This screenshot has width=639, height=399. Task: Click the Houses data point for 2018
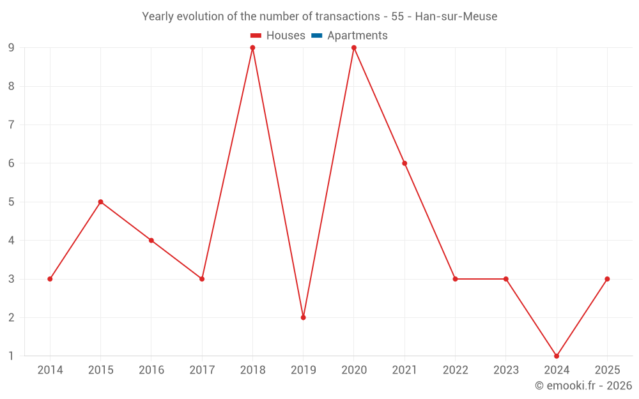[252, 48]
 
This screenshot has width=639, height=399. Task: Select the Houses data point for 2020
[354, 48]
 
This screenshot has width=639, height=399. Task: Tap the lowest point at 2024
[557, 356]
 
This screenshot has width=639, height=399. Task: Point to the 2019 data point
[303, 317]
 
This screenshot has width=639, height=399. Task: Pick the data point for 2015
[100, 202]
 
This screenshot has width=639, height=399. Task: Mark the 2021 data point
[404, 163]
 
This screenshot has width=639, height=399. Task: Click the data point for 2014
[50, 279]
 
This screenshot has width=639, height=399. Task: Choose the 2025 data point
[607, 279]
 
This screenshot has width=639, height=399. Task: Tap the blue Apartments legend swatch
[316, 36]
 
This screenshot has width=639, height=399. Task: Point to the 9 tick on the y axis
[12, 48]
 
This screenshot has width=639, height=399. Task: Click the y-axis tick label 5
[12, 202]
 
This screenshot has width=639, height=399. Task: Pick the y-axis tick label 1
[12, 356]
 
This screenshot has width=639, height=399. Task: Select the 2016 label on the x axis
[151, 370]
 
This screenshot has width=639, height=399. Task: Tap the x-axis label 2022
[455, 370]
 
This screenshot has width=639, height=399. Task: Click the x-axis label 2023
[506, 370]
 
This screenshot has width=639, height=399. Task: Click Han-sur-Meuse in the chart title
[456, 17]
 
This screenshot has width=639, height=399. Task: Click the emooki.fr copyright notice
[583, 386]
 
